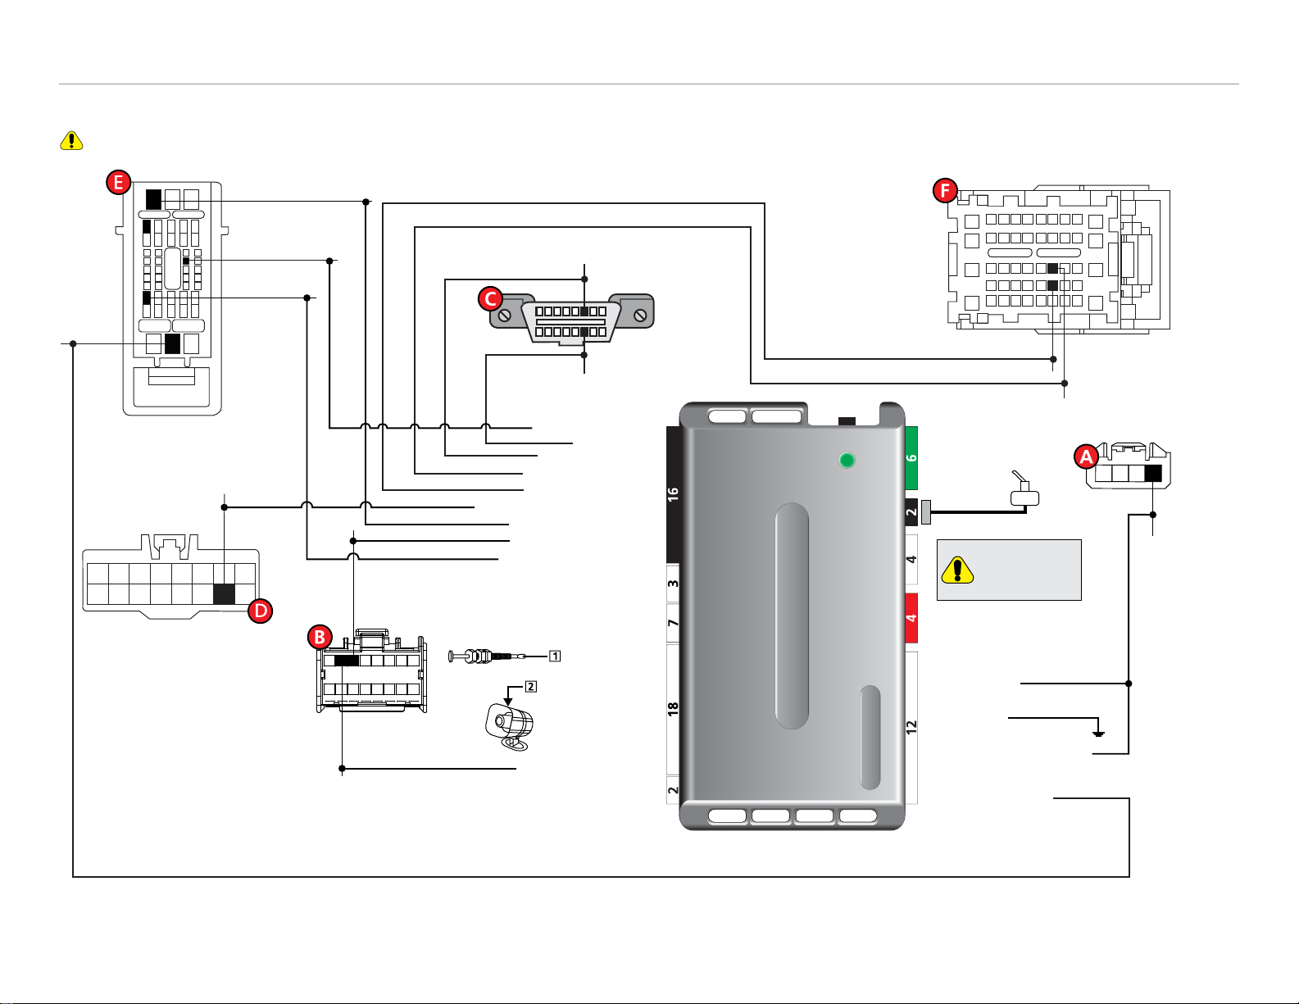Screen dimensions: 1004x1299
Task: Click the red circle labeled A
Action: click(x=1086, y=457)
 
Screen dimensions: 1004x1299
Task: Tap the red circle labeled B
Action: click(x=319, y=637)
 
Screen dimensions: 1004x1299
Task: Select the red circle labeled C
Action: click(x=490, y=298)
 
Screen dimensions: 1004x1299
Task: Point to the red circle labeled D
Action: click(x=260, y=611)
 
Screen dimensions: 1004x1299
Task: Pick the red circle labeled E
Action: click(x=119, y=182)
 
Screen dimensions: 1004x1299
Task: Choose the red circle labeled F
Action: click(x=945, y=191)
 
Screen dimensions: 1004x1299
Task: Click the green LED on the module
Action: click(x=847, y=460)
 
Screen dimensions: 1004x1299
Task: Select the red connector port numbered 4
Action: click(x=911, y=618)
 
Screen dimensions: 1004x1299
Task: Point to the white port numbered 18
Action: click(x=673, y=709)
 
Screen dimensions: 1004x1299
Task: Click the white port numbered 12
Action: click(x=911, y=726)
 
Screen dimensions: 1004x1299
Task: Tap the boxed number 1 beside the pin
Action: click(x=555, y=656)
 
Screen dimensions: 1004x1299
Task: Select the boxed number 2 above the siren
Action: click(x=530, y=686)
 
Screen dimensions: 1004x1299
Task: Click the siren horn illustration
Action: click(x=510, y=726)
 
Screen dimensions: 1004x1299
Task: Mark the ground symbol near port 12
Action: click(x=1099, y=732)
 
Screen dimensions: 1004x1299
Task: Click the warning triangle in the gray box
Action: click(x=957, y=570)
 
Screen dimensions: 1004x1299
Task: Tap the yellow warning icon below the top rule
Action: click(x=72, y=141)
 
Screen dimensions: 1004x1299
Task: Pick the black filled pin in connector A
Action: click(x=1153, y=473)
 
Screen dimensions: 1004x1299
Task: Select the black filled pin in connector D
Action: click(x=224, y=593)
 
